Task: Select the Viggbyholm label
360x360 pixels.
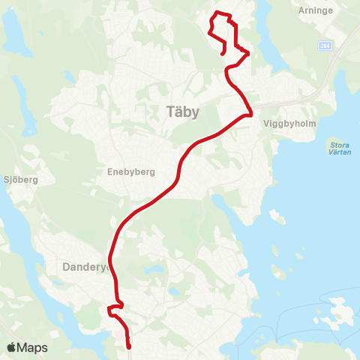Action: (286, 127)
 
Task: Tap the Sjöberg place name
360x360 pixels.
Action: (20, 180)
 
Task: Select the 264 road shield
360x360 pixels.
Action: (323, 45)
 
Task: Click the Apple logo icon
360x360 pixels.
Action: (11, 347)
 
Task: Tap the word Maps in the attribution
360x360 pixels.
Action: (33, 347)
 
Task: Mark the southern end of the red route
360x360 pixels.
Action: (129, 346)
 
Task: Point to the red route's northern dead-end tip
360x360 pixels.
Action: (223, 53)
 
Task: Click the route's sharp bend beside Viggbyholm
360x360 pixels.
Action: (250, 113)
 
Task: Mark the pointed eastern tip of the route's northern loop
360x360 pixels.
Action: (250, 52)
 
